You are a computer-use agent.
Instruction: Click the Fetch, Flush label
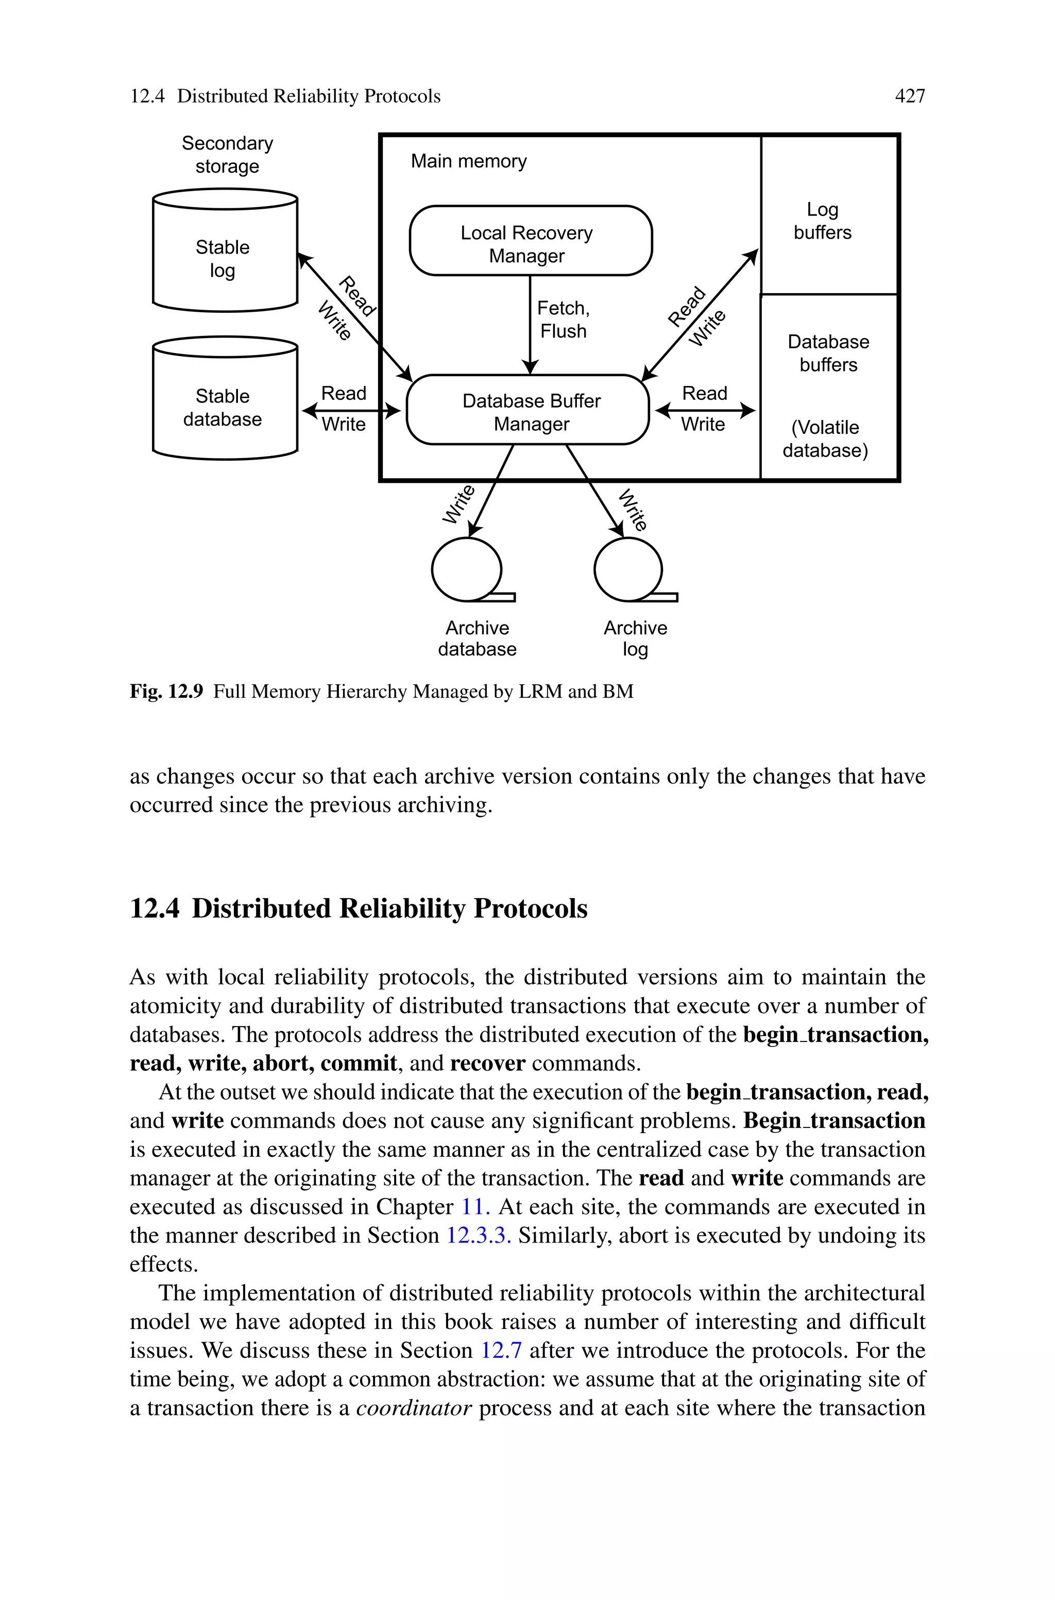(563, 319)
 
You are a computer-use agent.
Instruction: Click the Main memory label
(468, 161)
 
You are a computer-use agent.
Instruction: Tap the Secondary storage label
(227, 155)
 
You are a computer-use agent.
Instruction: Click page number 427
(910, 96)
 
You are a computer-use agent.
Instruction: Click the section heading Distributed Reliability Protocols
(389, 908)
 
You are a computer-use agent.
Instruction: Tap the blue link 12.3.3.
(479, 1235)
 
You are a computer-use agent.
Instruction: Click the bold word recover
(487, 1063)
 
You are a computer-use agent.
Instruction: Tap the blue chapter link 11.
(474, 1206)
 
